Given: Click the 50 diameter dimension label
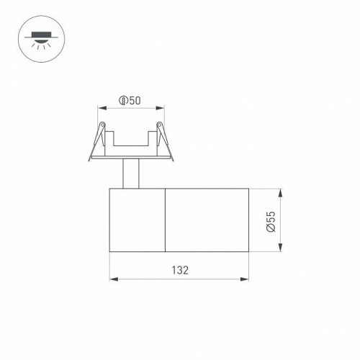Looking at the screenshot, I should coord(130,101).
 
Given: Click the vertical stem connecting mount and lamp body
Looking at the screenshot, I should coord(130,174).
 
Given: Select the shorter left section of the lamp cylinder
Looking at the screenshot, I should coord(137,221).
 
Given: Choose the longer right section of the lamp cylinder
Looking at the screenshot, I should coord(208,221).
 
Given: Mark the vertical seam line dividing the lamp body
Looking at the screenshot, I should coord(166,221).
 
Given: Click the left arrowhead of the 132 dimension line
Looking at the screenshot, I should coord(111,278).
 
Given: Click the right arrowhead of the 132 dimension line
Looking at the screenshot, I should coord(248,278).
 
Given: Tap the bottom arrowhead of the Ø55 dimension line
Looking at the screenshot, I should coord(279,249).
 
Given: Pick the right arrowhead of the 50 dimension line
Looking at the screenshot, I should coord(159,107).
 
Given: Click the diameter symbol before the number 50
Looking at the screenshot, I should coord(123,101).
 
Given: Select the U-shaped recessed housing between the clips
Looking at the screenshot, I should coord(130,144).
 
